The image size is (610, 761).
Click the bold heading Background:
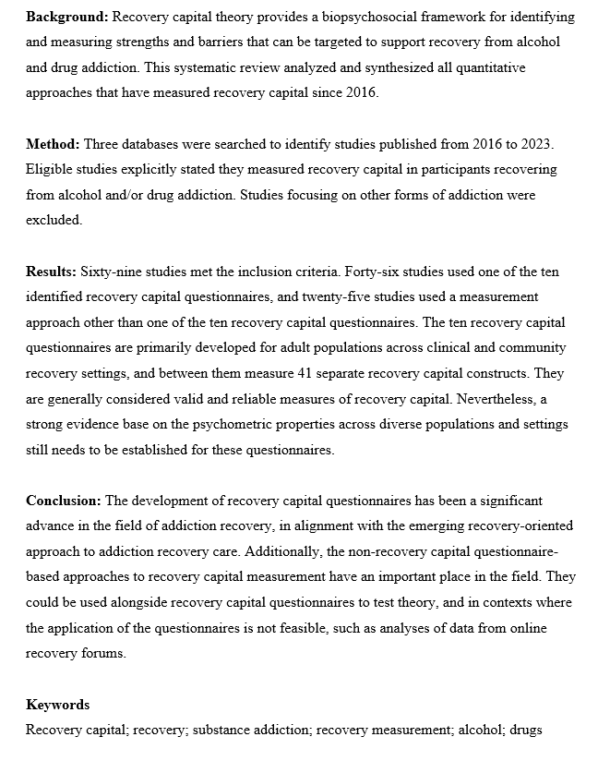(x=63, y=18)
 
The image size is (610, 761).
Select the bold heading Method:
(x=53, y=145)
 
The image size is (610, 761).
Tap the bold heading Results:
(x=51, y=272)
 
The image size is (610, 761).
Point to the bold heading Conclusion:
(x=64, y=501)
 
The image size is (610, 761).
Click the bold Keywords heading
(x=57, y=705)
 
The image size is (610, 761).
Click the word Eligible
(x=47, y=170)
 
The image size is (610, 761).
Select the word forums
(x=105, y=653)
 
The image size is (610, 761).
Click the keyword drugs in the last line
(x=523, y=730)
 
